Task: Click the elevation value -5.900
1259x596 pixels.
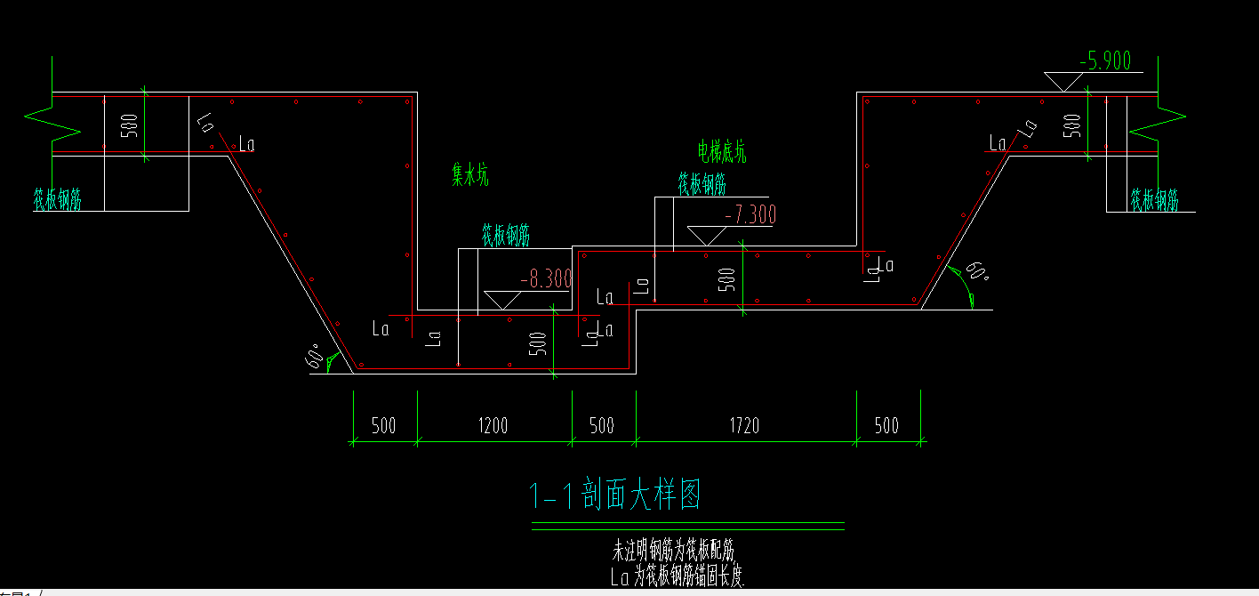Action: point(1104,60)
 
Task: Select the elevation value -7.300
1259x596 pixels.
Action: point(750,214)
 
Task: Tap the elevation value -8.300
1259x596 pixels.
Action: point(545,279)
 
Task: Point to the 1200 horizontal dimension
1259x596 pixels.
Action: point(493,425)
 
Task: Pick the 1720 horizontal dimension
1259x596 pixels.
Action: point(745,425)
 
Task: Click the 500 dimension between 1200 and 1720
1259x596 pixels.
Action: point(602,425)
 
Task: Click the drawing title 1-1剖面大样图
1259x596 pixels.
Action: point(614,495)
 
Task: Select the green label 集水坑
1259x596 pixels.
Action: point(470,177)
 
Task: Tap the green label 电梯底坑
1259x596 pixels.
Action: point(722,152)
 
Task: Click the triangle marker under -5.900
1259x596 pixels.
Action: point(1064,82)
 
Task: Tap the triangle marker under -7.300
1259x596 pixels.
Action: point(707,236)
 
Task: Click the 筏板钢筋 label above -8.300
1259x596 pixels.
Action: point(506,236)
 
